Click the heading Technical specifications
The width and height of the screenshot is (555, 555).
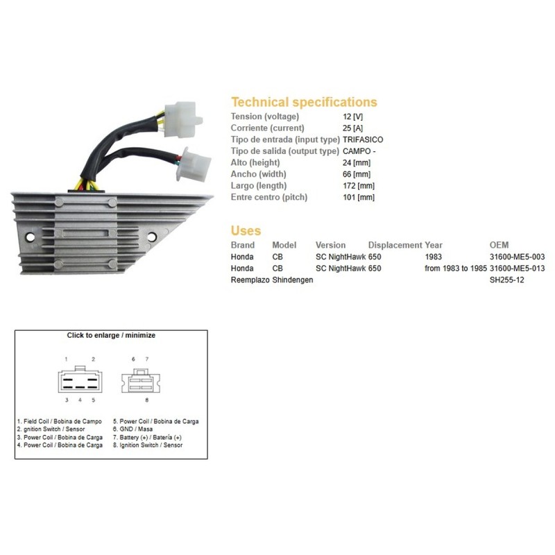click(x=304, y=102)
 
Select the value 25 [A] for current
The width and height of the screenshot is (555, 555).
click(x=352, y=128)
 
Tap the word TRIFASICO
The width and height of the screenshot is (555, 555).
click(x=363, y=139)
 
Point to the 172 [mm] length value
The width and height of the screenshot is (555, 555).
click(x=359, y=185)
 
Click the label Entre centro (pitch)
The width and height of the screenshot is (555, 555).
click(x=269, y=197)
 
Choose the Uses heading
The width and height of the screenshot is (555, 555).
click(x=246, y=230)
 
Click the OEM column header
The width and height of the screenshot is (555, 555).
click(x=499, y=245)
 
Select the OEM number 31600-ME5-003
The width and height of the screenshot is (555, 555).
click(x=517, y=257)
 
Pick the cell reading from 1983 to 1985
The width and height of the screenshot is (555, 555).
click(x=456, y=268)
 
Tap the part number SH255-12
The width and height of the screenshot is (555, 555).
click(x=506, y=280)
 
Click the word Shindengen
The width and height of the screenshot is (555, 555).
click(x=292, y=280)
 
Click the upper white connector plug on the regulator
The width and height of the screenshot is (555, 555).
click(x=183, y=119)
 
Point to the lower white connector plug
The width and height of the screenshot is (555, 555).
click(x=194, y=165)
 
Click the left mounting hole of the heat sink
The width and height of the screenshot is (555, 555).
click(x=30, y=237)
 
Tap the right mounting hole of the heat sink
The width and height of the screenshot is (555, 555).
click(x=152, y=237)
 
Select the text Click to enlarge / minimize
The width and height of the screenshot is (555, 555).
click(x=111, y=335)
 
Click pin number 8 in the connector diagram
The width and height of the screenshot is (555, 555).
click(x=147, y=400)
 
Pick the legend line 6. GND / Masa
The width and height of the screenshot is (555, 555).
click(x=133, y=429)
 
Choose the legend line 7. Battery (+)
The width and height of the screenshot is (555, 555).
click(x=147, y=438)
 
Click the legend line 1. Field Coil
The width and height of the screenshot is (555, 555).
click(x=60, y=421)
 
